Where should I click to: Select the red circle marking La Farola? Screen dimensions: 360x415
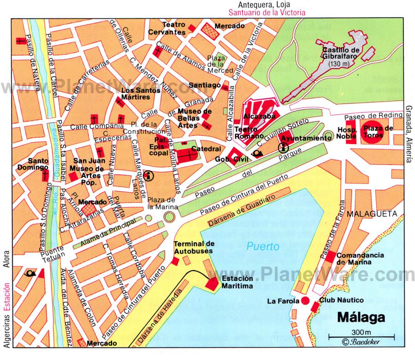305,301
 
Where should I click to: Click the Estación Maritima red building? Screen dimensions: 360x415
213,284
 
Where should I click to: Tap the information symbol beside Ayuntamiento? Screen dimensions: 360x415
282,147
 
